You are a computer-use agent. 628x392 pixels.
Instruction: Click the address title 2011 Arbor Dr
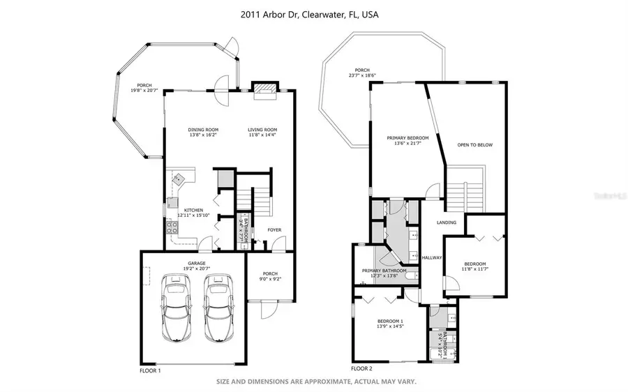point(314,14)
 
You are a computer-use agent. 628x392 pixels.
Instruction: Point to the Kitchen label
point(193,210)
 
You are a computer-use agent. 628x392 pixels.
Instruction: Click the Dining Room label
point(203,130)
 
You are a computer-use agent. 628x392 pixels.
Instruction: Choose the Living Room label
point(262,130)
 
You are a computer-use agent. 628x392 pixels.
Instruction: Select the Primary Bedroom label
point(408,138)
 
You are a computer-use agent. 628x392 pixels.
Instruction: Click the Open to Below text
point(474,145)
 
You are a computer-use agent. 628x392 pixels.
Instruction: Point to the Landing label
point(447,223)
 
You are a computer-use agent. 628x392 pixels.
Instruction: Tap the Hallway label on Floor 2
point(432,257)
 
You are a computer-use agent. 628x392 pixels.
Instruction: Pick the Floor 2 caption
point(362,368)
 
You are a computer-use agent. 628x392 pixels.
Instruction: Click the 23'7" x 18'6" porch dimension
point(361,75)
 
